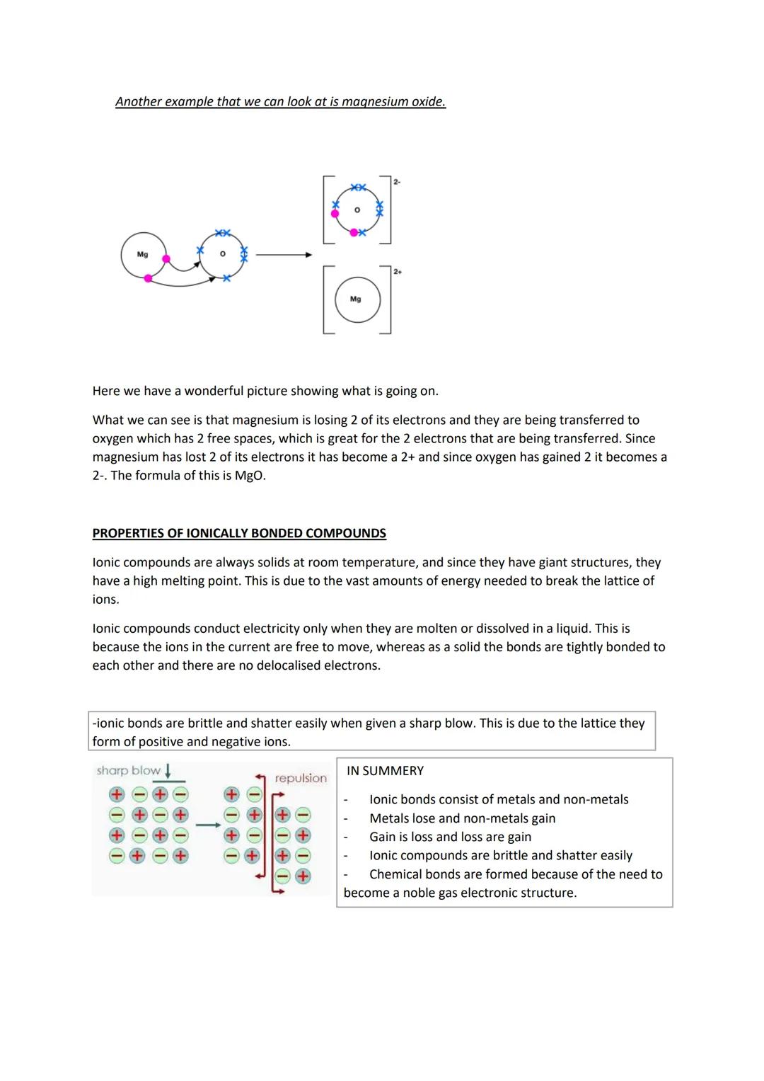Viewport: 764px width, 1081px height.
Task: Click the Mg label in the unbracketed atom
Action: (142, 254)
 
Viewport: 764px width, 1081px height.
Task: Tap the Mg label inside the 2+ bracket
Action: (356, 299)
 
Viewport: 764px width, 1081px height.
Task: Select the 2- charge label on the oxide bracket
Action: (396, 182)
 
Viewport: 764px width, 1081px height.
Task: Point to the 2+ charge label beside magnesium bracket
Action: (398, 272)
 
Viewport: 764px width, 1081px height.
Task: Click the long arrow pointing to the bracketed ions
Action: (283, 255)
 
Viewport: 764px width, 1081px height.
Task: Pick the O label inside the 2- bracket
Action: (357, 210)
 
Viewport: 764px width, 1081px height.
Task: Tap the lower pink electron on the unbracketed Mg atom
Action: (148, 278)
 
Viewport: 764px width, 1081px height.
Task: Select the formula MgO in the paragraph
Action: (249, 476)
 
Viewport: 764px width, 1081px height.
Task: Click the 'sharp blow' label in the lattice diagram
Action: (128, 770)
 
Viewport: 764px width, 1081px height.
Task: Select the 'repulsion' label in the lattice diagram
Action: (301, 778)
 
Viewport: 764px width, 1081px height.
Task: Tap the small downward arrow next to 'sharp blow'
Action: (168, 770)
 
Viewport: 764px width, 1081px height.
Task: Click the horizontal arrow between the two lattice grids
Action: (207, 825)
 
